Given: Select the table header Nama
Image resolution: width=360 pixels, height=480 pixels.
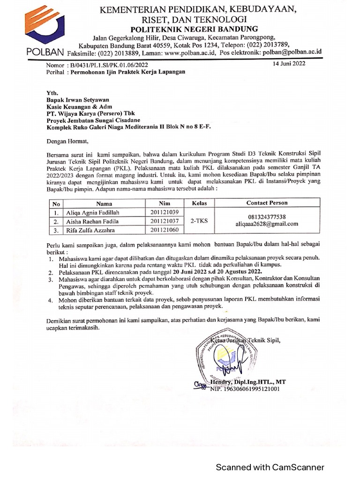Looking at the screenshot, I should coord(104,203).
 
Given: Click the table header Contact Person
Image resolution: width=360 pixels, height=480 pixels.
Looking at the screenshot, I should coord(267,203).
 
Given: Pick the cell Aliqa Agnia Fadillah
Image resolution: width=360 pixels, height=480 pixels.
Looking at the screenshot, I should coord(93,212).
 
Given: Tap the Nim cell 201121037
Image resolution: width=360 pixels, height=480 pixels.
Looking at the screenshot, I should coord(165,221).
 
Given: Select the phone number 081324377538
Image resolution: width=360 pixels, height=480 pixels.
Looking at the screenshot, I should coord(267,217).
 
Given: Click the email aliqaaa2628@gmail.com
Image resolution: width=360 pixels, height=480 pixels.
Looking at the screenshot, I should coord(267,224).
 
